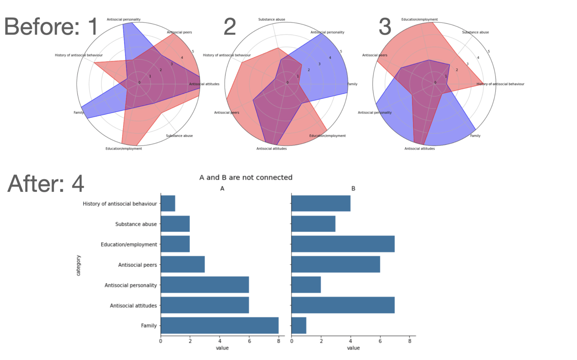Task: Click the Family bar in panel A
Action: tap(219, 325)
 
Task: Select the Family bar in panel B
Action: tap(299, 325)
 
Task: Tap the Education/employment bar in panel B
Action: tap(343, 244)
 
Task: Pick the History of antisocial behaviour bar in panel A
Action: tap(168, 203)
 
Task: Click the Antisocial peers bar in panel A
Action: tap(183, 265)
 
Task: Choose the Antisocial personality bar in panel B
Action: tap(306, 285)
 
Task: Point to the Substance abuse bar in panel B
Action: tap(313, 224)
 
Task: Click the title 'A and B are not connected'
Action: tap(246, 178)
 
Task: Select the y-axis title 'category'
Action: tap(79, 265)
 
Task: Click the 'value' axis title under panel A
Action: tap(222, 348)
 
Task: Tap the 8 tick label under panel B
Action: tap(409, 341)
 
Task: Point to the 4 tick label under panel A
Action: tap(220, 341)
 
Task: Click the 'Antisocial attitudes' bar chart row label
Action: tap(133, 306)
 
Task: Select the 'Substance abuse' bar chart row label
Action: tap(136, 224)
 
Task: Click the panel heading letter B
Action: tap(353, 188)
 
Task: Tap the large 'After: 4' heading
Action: tap(45, 184)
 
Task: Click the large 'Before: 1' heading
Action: tap(51, 27)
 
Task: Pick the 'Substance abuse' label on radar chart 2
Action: tap(272, 20)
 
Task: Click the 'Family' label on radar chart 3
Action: tap(475, 136)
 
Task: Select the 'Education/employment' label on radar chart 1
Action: tap(124, 149)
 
